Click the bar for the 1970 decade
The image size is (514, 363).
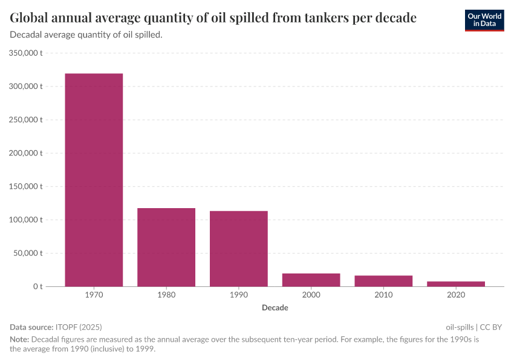click(x=94, y=180)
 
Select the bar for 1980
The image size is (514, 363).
click(x=166, y=247)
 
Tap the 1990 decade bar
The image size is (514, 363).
click(x=239, y=248)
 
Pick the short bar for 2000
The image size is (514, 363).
click(x=311, y=280)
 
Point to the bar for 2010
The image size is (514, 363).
click(x=383, y=281)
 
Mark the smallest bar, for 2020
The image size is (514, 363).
click(x=456, y=284)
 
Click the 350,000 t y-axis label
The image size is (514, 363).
click(x=26, y=53)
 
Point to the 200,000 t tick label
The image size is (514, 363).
click(x=26, y=153)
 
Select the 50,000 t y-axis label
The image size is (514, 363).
click(x=28, y=253)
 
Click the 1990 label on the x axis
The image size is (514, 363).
click(x=239, y=295)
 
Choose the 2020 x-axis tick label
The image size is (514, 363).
click(x=456, y=295)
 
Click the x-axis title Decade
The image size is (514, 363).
click(x=275, y=308)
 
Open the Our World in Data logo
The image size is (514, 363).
click(x=484, y=20)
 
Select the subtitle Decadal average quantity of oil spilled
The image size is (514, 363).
click(x=86, y=35)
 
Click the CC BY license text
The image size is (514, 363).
click(x=491, y=327)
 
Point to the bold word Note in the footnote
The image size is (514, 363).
click(x=19, y=339)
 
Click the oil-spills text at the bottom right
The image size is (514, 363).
click(x=460, y=327)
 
